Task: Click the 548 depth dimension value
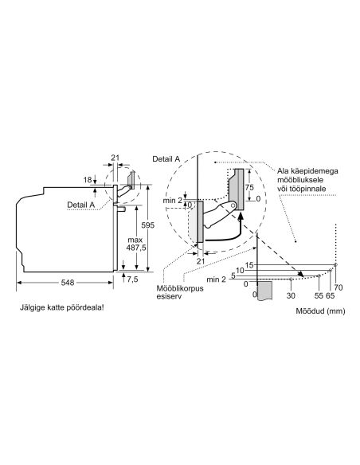pos(68,283)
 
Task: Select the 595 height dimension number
pos(147,225)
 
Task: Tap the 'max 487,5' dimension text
pos(136,244)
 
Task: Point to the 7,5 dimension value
pos(132,279)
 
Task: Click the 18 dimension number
pos(87,180)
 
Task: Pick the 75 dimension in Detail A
pos(249,187)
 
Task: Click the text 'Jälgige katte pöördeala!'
pos(61,307)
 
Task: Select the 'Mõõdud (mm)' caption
pos(320,311)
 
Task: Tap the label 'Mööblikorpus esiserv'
pos(180,291)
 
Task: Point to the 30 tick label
pos(291,295)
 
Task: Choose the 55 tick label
pos(319,295)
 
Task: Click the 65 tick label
pos(330,295)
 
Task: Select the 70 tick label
pos(338,287)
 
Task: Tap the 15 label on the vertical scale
pos(249,265)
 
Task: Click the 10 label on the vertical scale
pos(240,270)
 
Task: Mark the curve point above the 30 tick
pos(291,279)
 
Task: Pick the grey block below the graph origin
pos(264,291)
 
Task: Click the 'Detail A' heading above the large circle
pos(166,159)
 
